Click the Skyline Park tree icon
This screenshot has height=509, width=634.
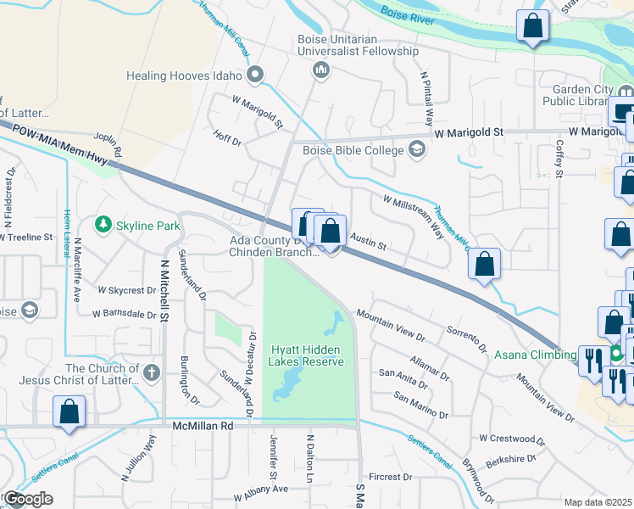[x=103, y=225]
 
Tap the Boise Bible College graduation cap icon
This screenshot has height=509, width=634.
[x=416, y=149]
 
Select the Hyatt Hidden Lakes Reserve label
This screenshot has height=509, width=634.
[x=307, y=355]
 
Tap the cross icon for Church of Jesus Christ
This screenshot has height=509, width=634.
[x=151, y=372]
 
